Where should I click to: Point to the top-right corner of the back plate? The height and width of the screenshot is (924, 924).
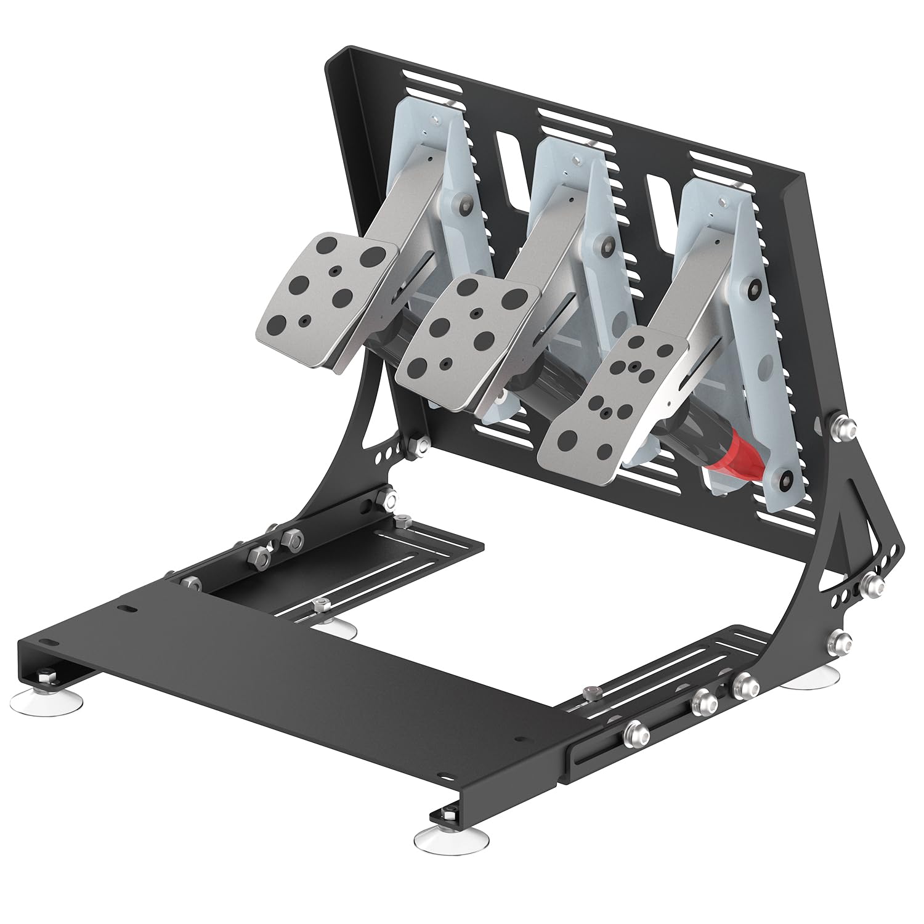click(x=803, y=174)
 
